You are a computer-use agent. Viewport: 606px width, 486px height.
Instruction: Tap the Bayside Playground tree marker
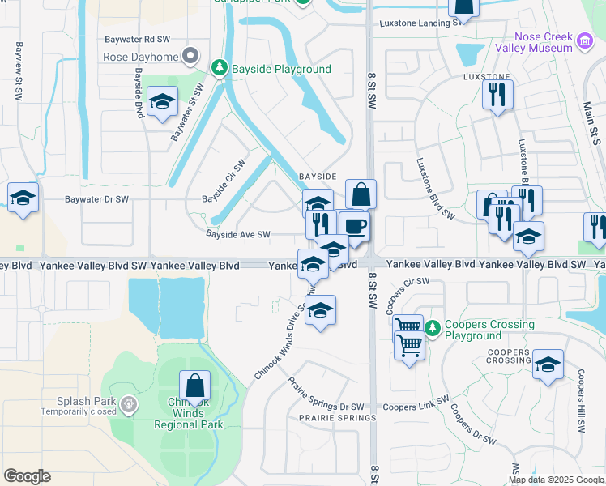tap(218, 69)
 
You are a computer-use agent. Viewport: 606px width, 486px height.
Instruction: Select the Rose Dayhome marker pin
tap(190, 57)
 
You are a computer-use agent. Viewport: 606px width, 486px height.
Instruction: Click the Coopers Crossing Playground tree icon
tap(433, 329)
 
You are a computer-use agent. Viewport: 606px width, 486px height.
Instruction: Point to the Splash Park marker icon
tap(127, 403)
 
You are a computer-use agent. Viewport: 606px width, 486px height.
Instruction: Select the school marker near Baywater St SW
tap(163, 102)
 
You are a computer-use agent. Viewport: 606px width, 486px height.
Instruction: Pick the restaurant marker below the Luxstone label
tap(497, 95)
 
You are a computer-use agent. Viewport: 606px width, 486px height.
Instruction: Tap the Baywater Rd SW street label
tap(138, 39)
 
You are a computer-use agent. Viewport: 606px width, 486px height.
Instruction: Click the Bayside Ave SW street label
tap(237, 235)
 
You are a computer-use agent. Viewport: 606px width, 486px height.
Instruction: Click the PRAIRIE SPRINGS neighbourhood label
tap(337, 418)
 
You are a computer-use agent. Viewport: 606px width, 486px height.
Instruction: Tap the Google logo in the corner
tap(27, 476)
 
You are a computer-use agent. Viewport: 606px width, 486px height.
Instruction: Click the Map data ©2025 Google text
tap(556, 480)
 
